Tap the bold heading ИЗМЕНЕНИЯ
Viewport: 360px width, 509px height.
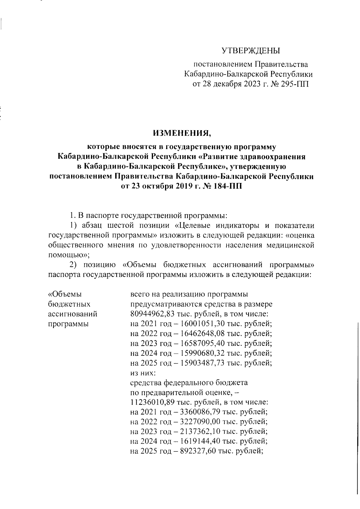click(x=182, y=133)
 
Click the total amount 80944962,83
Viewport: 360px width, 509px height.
click(x=152, y=314)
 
